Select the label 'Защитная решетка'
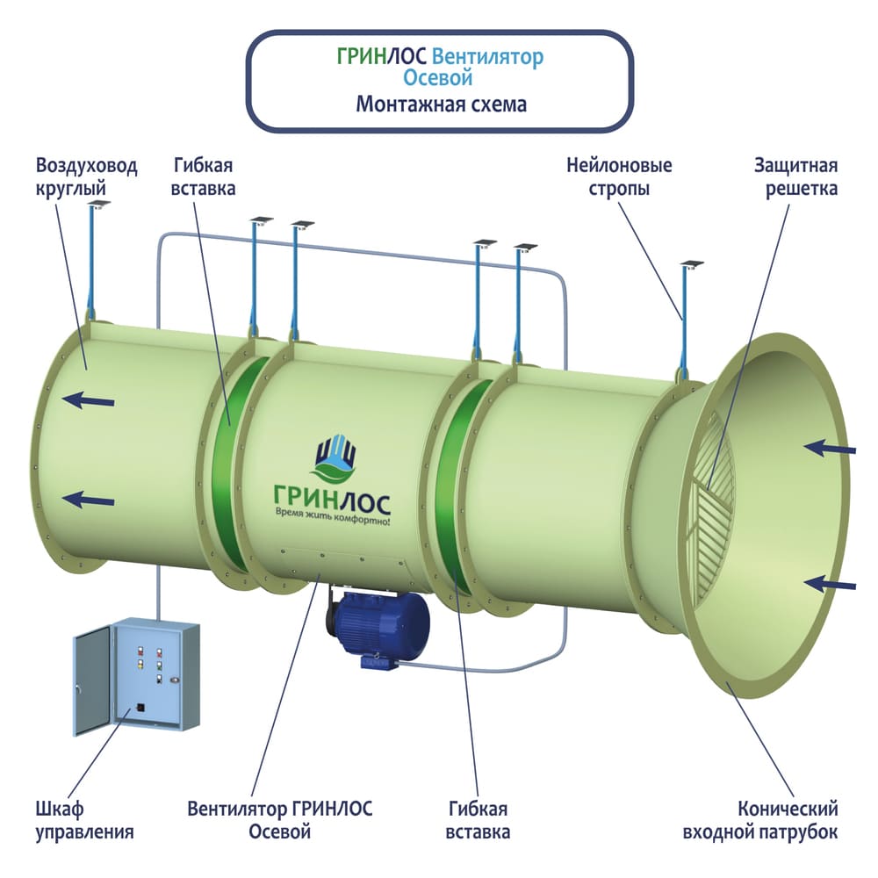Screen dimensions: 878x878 coord(795,176)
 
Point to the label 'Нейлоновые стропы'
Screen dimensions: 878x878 coord(619,176)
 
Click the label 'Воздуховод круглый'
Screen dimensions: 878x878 coord(87,176)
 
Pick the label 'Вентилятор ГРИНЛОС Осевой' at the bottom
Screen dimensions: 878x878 coord(279,820)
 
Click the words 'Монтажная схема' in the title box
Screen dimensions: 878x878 coord(441,104)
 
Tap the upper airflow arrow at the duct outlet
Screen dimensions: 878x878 coord(90,401)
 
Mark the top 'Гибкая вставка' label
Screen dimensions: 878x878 coord(205,176)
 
